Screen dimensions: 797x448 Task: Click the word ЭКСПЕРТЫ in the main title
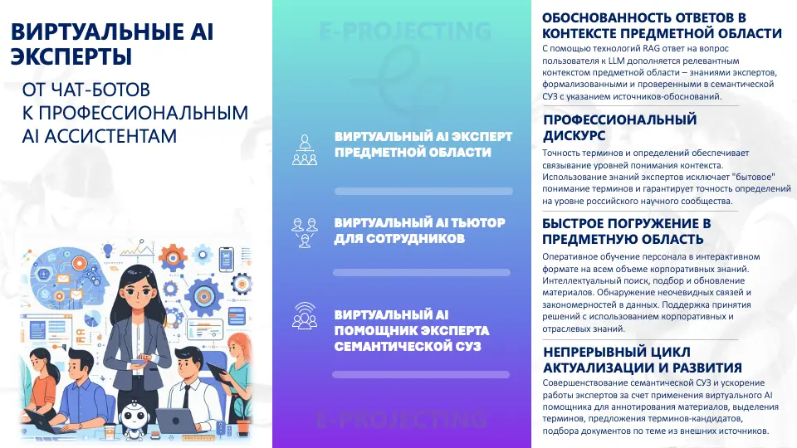tap(71, 56)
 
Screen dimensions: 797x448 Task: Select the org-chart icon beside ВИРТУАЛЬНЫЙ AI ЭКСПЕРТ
tap(305, 150)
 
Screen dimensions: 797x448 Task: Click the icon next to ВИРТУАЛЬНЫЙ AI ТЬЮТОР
tap(305, 232)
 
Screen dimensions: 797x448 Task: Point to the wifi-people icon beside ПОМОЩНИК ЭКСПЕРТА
tap(305, 315)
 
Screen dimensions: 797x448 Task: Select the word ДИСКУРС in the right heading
tap(574, 135)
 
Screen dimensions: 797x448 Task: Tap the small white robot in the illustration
tap(134, 416)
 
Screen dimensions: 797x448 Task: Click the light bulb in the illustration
tap(108, 251)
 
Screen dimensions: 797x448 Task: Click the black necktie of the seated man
tap(187, 397)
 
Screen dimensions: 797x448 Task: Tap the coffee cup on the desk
tap(110, 431)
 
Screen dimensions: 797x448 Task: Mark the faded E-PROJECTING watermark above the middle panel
tap(405, 31)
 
